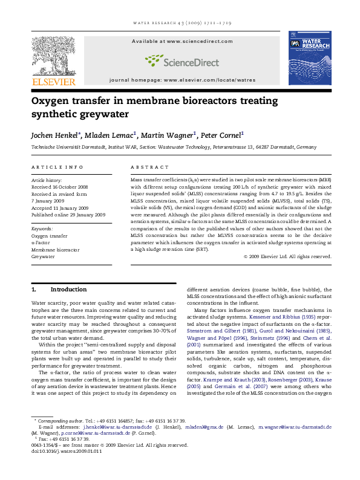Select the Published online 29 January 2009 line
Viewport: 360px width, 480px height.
(x=68, y=215)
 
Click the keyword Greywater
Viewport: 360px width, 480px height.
(x=44, y=257)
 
